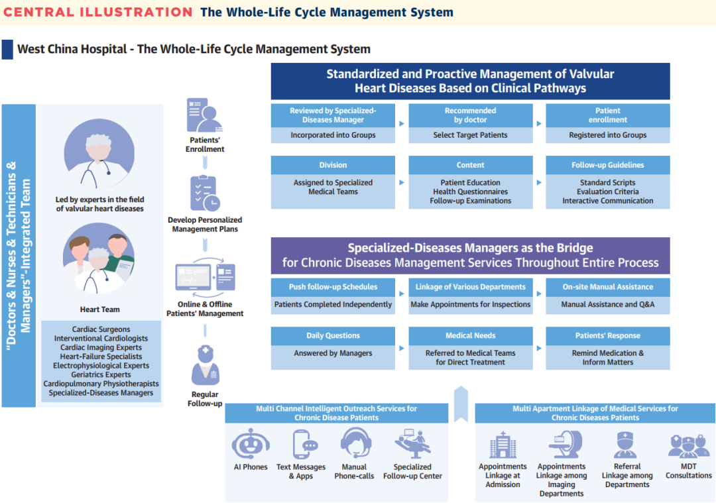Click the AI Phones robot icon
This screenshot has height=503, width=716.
[251, 444]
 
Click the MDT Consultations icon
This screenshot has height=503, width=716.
[688, 445]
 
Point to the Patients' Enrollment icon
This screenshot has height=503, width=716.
[204, 115]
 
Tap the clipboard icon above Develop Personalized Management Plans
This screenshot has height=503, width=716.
[204, 194]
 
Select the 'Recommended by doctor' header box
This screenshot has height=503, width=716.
[470, 115]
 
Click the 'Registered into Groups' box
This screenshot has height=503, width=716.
[607, 135]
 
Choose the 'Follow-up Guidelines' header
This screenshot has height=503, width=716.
[607, 165]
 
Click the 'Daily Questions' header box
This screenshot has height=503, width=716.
[333, 335]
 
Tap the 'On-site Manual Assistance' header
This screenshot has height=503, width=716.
[607, 287]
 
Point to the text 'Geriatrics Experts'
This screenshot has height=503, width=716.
[101, 374]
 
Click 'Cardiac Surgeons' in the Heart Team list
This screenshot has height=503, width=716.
[101, 329]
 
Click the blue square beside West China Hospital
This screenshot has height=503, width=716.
[7, 49]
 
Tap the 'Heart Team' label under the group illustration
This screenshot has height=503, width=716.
[99, 309]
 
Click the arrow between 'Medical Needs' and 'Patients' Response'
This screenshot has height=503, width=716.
[538, 348]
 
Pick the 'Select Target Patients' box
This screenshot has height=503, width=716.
[470, 135]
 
